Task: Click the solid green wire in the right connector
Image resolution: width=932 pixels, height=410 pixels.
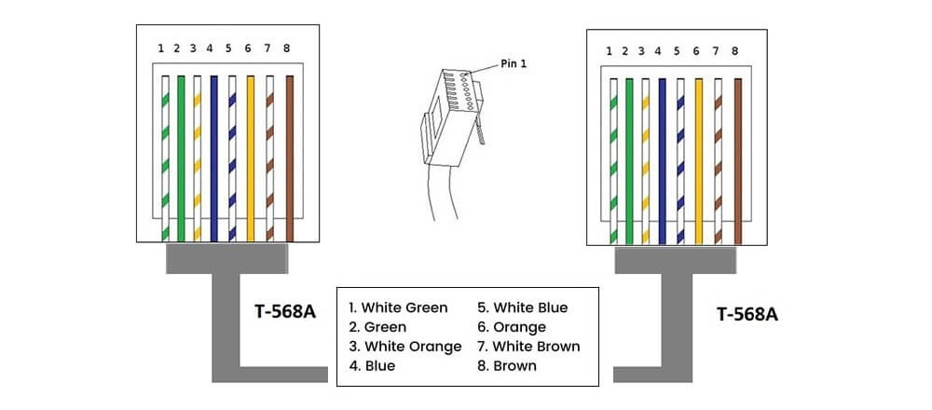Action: (629, 158)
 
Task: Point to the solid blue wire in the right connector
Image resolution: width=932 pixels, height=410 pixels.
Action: (663, 158)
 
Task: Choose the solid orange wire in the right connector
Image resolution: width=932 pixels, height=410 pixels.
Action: (698, 158)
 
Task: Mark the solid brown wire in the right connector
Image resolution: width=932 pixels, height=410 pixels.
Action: (737, 158)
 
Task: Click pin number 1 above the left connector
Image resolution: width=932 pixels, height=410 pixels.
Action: (161, 48)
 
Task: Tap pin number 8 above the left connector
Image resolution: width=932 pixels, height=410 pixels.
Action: (287, 48)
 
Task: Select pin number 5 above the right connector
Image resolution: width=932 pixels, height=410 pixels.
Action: (677, 51)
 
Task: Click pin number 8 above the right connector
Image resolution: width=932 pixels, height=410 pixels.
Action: (735, 51)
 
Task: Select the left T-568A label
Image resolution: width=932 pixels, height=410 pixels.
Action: (285, 311)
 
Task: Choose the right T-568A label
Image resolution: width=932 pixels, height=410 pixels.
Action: (747, 314)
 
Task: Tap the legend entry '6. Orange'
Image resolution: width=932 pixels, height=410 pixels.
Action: (512, 327)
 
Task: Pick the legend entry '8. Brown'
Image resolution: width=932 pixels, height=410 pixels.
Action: (507, 366)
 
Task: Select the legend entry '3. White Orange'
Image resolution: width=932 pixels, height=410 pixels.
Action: (404, 347)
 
